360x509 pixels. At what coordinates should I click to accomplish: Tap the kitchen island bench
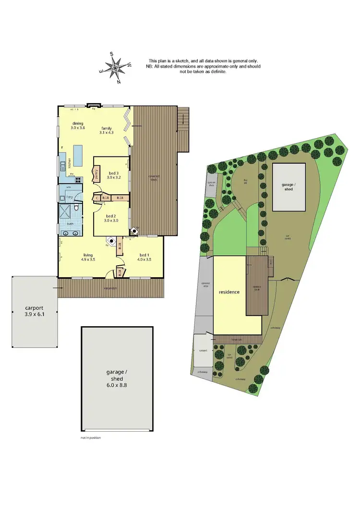coord(77,154)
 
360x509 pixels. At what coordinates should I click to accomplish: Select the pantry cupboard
coord(96,174)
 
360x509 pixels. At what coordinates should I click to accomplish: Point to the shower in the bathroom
coord(64,211)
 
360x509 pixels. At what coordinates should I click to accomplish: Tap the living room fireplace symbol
coord(112,241)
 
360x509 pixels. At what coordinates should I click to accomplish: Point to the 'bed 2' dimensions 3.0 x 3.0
coord(112,221)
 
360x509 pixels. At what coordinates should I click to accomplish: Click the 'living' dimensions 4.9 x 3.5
coord(87,260)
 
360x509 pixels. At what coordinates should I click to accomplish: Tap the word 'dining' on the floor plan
coord(77,123)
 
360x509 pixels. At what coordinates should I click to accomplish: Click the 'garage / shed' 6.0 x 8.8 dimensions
coord(117,384)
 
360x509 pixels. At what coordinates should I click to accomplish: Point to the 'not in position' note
coord(91,438)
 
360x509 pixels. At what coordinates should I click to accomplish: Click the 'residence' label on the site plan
coord(229,292)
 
